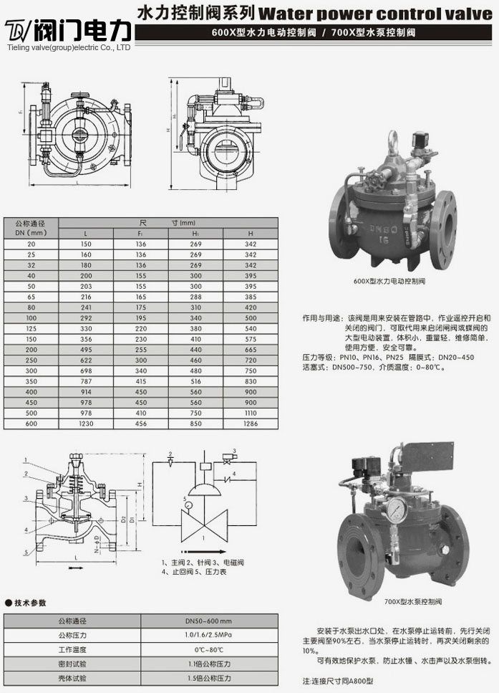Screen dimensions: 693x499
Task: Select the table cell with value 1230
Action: tap(86, 424)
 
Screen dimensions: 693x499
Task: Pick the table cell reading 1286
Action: tap(251, 424)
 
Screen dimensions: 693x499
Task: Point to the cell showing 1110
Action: tap(251, 414)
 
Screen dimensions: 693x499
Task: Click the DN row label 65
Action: tap(31, 295)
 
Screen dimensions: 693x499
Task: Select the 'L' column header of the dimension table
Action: tap(86, 234)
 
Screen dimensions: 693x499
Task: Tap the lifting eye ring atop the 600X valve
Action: tap(394, 135)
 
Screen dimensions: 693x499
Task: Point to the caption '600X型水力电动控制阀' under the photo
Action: tap(389, 282)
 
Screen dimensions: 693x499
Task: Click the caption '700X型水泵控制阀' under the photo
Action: tap(413, 601)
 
